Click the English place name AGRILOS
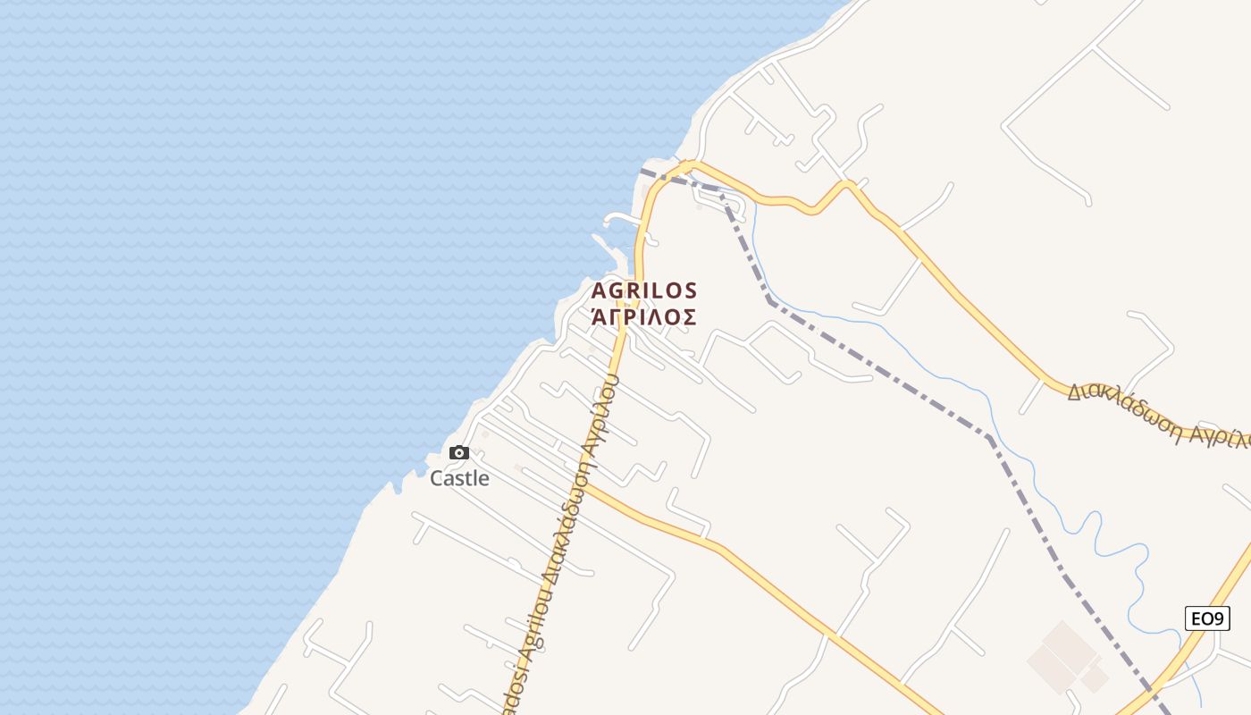tap(643, 290)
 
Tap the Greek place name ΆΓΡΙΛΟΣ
tap(643, 316)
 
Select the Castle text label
tap(459, 478)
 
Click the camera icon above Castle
tap(459, 453)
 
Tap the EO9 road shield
tap(1207, 618)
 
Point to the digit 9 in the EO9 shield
tap(1221, 618)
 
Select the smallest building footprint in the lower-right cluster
tap(1095, 679)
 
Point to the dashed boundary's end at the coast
tap(642, 170)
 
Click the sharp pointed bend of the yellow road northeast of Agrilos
tap(847, 183)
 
